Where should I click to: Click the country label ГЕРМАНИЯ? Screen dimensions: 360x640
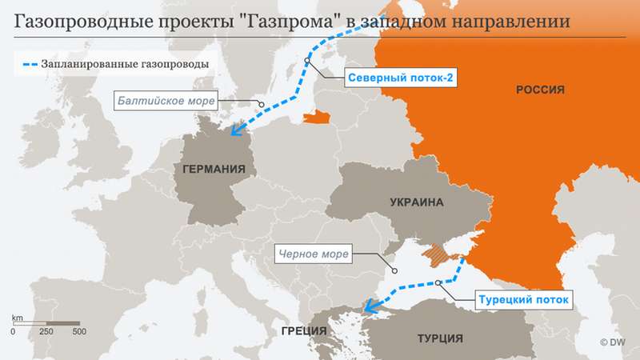[214, 169]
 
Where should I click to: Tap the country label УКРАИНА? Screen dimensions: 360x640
[416, 202]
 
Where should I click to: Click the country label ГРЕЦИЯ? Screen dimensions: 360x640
[293, 329]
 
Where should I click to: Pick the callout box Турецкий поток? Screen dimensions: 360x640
[524, 300]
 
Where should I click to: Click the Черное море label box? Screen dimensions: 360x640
[313, 255]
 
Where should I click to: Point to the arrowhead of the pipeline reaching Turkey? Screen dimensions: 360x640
[367, 305]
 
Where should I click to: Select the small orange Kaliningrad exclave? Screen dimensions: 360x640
[317, 119]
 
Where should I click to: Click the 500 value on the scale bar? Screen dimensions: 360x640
[79, 331]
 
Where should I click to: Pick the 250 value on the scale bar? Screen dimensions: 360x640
[47, 331]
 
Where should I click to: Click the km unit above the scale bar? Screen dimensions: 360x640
[17, 318]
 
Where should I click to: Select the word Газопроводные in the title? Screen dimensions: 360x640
[75, 22]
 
